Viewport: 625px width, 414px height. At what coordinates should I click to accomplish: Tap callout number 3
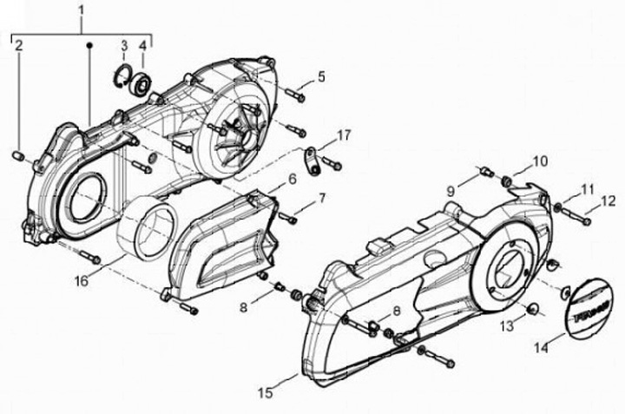pos(124,45)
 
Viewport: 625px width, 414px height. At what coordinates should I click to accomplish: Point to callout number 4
pos(142,45)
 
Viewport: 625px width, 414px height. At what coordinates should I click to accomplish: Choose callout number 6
pos(293,179)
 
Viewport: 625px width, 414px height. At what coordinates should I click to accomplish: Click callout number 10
pos(540,161)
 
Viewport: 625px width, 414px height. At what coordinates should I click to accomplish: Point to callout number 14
pos(541,349)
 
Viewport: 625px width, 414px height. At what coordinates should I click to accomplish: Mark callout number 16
pos(80,282)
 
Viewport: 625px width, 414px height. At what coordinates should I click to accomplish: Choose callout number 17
pos(345,135)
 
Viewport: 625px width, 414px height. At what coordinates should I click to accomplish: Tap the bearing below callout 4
pos(141,85)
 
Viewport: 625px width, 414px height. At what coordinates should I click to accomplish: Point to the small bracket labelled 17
pos(311,160)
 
